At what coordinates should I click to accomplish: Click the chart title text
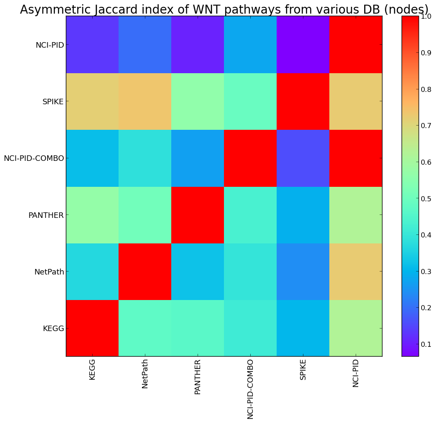224,10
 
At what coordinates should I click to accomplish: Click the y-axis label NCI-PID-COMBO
34,158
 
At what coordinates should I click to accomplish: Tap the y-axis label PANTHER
46,215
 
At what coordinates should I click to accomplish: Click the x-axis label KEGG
93,369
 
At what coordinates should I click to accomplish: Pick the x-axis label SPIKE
303,369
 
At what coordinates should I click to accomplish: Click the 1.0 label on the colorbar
426,16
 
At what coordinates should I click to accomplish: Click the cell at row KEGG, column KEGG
92,328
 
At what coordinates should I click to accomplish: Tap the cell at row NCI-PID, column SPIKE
303,45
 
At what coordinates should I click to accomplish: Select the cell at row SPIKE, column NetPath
145,101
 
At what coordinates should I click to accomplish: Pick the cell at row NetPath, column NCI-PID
356,272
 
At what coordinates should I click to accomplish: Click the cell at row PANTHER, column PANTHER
198,215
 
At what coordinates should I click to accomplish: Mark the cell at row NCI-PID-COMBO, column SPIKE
303,158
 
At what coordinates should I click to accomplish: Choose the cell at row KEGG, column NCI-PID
356,328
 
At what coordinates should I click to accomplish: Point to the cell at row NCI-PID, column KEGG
92,45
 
